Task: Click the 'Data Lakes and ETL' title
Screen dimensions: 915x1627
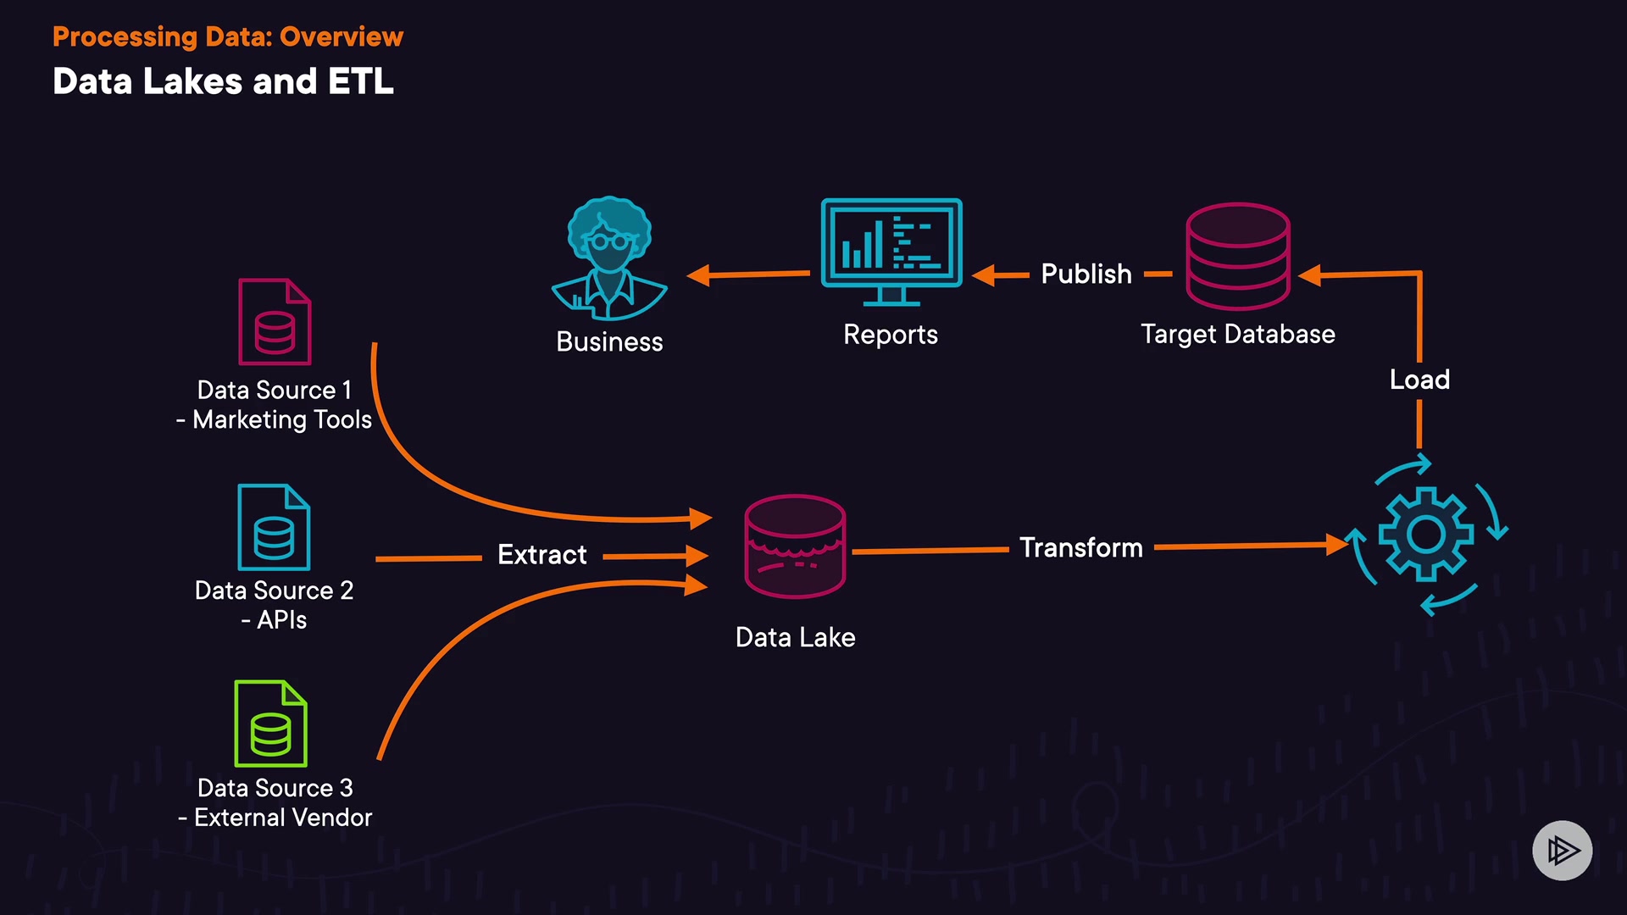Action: pos(223,81)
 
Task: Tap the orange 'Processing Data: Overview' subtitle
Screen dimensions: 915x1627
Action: pos(228,36)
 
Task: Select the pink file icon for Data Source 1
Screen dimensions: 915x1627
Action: pos(275,322)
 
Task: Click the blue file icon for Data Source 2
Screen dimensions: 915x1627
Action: pos(274,527)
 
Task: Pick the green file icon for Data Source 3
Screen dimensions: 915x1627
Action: pos(270,724)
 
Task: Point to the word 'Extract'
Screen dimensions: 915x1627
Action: pos(541,555)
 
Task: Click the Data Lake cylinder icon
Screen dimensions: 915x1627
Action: pos(795,546)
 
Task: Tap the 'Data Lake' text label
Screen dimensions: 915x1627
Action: pos(795,637)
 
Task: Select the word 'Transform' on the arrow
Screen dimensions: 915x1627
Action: pos(1080,548)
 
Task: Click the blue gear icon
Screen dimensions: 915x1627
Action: pos(1425,534)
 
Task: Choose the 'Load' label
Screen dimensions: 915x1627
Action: pos(1419,380)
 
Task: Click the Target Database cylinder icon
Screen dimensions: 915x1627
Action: pos(1237,256)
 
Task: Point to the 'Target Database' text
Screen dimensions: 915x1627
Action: pos(1237,334)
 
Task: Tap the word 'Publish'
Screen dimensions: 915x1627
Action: pos(1086,274)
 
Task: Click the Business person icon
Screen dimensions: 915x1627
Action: pos(609,258)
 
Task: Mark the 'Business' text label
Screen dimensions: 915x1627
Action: pos(609,341)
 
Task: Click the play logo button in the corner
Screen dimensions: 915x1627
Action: pos(1562,850)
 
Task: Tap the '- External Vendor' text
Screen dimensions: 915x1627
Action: pos(275,818)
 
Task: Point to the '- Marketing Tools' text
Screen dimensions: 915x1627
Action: pos(275,420)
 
